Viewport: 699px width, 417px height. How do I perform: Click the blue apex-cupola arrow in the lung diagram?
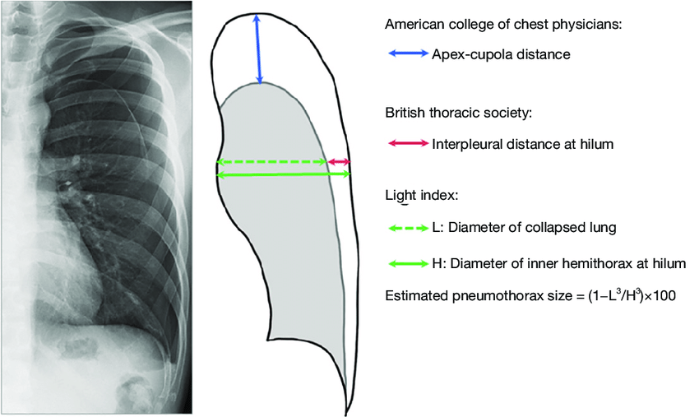(259, 49)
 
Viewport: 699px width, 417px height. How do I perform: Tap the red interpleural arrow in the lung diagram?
(339, 162)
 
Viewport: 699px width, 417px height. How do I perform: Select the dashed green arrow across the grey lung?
(271, 162)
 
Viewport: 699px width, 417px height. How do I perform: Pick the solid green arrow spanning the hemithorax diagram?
(283, 174)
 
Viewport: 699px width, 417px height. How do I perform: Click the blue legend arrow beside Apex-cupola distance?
(406, 55)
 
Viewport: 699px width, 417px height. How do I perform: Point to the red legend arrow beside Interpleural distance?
(406, 144)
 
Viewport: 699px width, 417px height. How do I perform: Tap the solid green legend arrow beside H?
(406, 264)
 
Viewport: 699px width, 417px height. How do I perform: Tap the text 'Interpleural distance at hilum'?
(523, 144)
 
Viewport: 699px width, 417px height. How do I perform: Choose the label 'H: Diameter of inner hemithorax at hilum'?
(558, 264)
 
